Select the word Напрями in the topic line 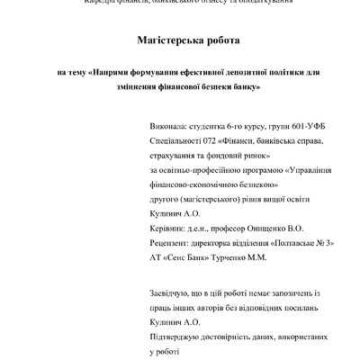(x=114, y=72)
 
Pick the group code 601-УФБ (x=296, y=127)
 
